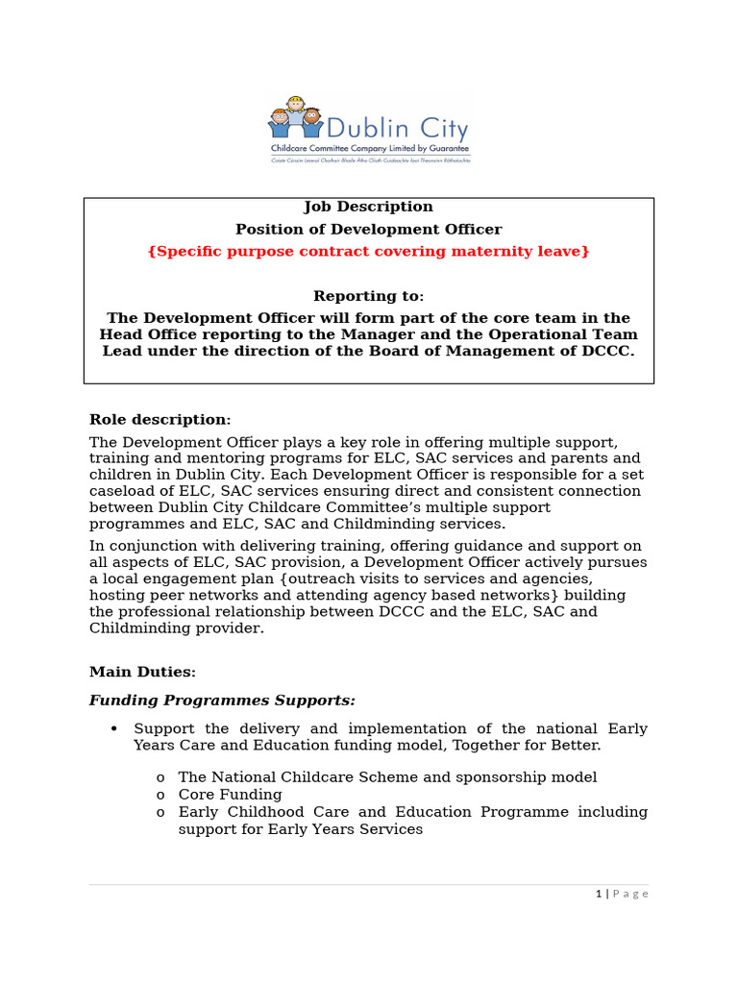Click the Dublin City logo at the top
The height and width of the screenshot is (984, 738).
(x=368, y=129)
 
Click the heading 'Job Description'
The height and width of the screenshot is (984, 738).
(x=368, y=207)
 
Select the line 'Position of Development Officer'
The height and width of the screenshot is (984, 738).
(x=368, y=229)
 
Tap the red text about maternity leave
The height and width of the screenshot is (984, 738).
(x=368, y=251)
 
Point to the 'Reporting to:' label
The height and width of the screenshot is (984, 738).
(x=368, y=296)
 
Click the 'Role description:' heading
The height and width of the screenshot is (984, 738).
(x=160, y=419)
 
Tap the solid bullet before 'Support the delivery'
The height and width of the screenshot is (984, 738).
(x=114, y=728)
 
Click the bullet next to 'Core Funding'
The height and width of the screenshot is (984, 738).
(x=160, y=795)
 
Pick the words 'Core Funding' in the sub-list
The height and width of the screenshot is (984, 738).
(x=231, y=795)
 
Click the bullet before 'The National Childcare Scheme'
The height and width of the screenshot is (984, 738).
(x=160, y=777)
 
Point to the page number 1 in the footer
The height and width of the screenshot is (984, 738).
(x=598, y=894)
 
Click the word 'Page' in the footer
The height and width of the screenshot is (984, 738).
(x=630, y=894)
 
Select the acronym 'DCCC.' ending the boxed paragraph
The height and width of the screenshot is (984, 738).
(x=611, y=351)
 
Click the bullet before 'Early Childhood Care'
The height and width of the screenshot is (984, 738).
(x=160, y=812)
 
